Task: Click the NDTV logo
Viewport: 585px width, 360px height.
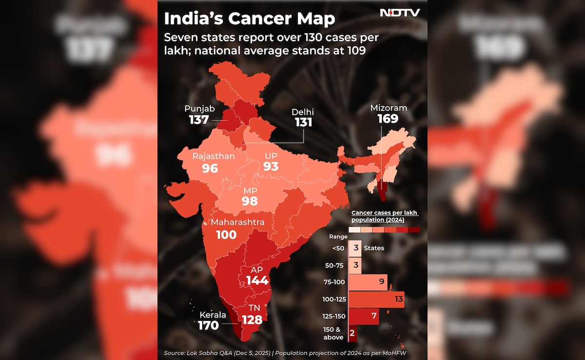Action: tap(400, 13)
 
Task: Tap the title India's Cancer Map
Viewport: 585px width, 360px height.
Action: tap(250, 19)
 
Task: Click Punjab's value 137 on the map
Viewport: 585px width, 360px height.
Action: tap(199, 120)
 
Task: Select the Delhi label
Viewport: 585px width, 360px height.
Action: tap(302, 112)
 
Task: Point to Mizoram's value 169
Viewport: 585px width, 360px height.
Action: tap(388, 119)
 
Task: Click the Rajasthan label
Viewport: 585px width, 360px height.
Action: tap(214, 156)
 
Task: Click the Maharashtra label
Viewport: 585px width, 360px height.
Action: tap(237, 222)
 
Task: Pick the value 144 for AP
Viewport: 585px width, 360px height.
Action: tap(257, 280)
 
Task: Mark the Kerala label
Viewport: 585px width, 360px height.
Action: tap(213, 315)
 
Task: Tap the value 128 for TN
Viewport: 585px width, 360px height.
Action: tap(252, 320)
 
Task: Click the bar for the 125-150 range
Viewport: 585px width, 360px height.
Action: tap(364, 316)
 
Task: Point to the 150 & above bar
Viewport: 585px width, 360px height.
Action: tap(352, 334)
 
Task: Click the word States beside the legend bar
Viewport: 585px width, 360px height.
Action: tap(374, 248)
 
